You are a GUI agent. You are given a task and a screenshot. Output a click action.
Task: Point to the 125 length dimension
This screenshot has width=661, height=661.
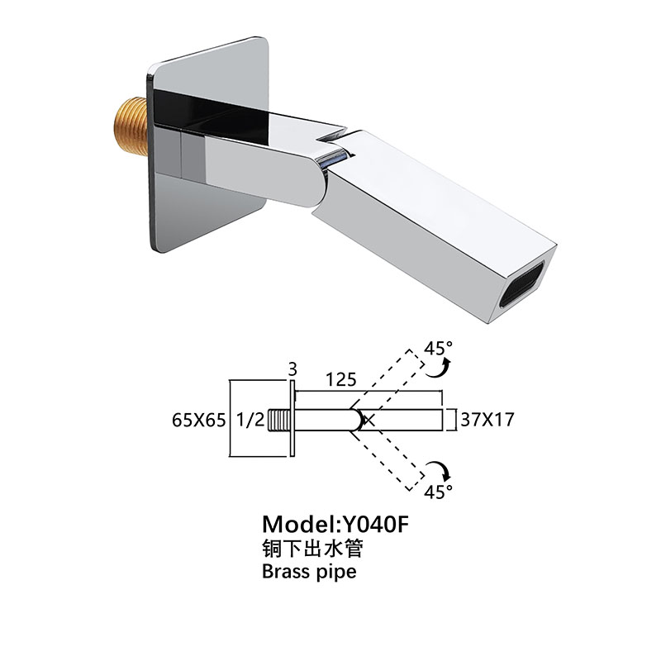tap(340, 380)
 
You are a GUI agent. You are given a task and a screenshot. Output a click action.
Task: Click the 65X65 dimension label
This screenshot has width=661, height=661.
tap(199, 421)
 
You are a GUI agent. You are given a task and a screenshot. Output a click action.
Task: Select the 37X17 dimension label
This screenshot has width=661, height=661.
tap(487, 420)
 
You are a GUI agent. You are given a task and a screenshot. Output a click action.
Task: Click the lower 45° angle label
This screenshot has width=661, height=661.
tap(439, 492)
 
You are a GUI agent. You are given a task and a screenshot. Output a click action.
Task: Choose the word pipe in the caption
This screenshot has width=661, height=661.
tap(336, 573)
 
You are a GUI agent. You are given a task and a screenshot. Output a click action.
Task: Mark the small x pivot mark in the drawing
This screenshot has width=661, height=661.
tap(370, 421)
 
